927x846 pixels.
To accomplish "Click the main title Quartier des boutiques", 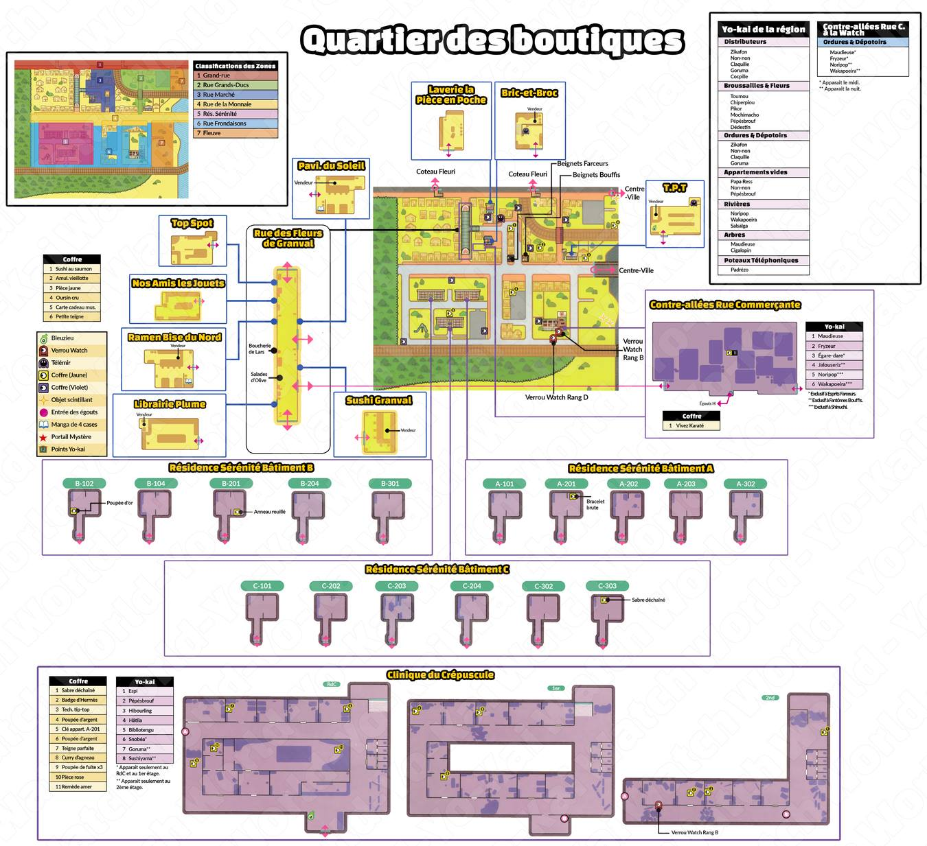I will (x=492, y=40).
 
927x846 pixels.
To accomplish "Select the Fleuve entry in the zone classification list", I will (x=211, y=133).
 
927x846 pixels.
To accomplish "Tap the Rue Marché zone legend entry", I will (x=218, y=95).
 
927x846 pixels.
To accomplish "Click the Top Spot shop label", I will (x=192, y=223).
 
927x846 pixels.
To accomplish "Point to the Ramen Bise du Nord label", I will (x=174, y=337).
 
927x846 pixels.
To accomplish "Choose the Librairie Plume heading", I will (x=170, y=404).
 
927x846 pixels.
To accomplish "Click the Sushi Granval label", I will (x=379, y=400).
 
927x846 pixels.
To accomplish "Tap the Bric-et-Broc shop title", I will (x=529, y=93).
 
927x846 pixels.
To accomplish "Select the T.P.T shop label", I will (x=674, y=187).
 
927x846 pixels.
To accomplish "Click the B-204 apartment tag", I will (x=309, y=484).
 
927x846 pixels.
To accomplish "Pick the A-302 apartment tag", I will (x=745, y=484).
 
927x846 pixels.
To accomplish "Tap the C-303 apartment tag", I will (x=607, y=586).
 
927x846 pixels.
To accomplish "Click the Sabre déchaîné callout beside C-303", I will (x=648, y=600).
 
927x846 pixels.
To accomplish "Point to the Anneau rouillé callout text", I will (x=270, y=512).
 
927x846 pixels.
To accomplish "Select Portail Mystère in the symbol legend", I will (x=71, y=437).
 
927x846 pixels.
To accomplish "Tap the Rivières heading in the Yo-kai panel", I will (x=737, y=204).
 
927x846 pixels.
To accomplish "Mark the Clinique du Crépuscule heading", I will (x=440, y=675).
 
